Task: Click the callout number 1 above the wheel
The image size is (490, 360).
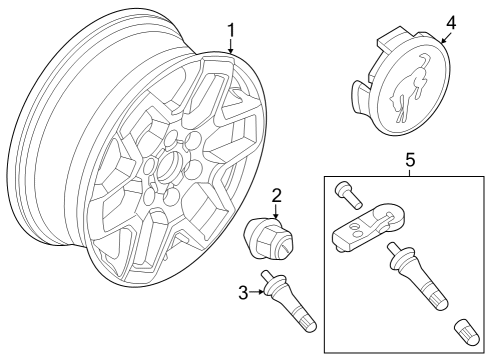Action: (x=231, y=32)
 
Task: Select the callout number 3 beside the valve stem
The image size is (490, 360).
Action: (x=243, y=292)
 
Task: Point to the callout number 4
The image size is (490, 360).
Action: (x=450, y=20)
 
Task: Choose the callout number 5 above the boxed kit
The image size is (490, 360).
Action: (x=408, y=159)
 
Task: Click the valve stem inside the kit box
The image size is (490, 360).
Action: (x=421, y=276)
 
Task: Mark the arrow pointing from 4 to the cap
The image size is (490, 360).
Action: (x=442, y=36)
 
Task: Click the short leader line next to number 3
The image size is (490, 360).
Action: (x=256, y=292)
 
